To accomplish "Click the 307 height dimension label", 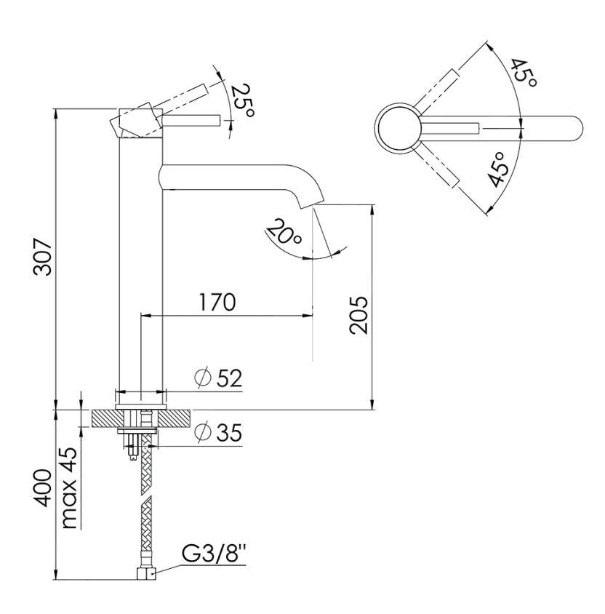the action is pos(43,257).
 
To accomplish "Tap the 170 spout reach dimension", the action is pos(217,302).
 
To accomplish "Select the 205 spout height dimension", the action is pos(358,316).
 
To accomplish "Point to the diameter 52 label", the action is pos(219,378).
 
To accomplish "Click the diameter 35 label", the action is pos(219,432).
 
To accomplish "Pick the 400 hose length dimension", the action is pos(43,488).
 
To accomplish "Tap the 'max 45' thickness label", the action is pos(70,488).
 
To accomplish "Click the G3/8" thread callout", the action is pos(213,554).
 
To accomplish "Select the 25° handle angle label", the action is pos(243,100).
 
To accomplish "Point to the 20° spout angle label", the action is pos(284,232).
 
